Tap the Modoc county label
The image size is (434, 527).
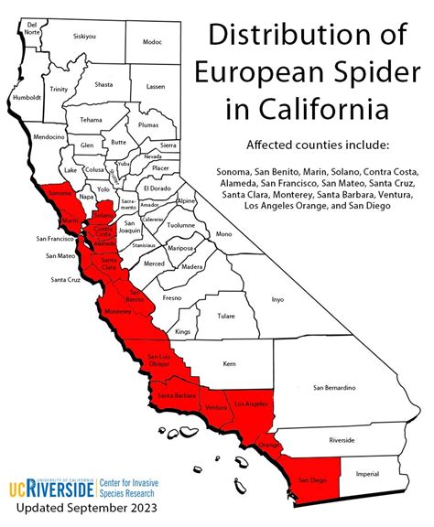(x=152, y=42)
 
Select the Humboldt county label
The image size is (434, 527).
(x=27, y=95)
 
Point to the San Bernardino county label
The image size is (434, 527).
(x=334, y=388)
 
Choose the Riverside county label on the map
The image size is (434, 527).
(x=342, y=440)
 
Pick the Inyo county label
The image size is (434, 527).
(x=279, y=299)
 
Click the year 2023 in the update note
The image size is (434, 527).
(x=136, y=506)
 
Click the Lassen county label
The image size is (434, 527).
(x=156, y=86)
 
